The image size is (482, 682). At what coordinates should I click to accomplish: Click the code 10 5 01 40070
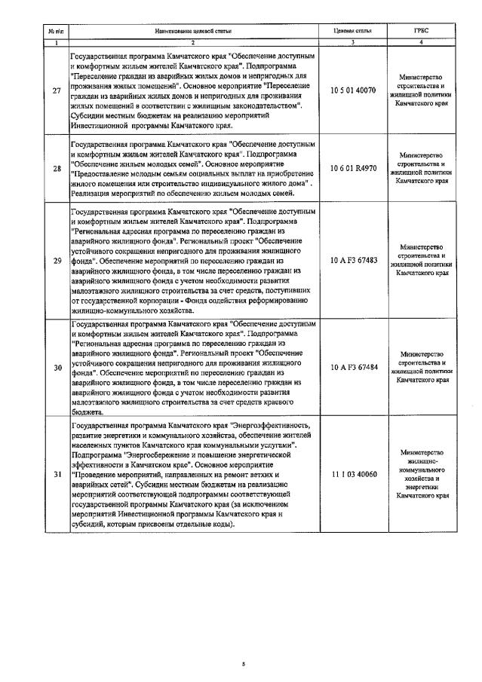pos(354,89)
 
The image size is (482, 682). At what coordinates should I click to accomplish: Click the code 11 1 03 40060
pos(354,477)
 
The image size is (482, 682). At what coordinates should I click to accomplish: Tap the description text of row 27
pos(194,89)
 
